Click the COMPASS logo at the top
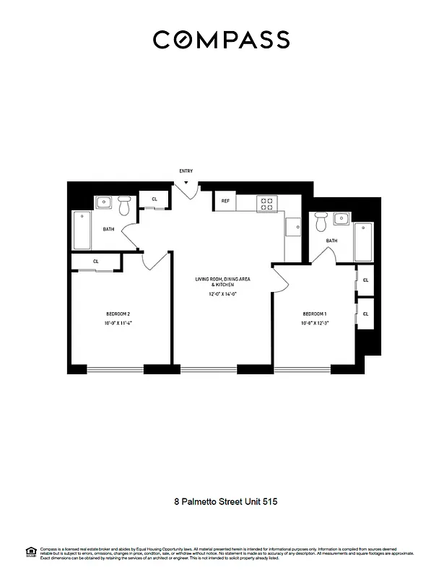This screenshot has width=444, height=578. coord(221,40)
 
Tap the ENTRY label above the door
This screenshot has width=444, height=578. coord(186,171)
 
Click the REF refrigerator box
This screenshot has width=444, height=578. coord(225,201)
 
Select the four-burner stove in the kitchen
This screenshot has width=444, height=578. coord(266,204)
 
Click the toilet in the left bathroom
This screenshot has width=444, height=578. coord(125,208)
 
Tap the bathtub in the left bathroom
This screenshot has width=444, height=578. coord(82,230)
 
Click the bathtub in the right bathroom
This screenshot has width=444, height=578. coord(363,242)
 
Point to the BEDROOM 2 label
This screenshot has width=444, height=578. coord(118,314)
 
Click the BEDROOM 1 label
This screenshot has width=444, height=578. coord(315,313)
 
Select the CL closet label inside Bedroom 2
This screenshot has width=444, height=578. coord(96,262)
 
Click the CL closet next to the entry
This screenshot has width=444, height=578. coord(154,199)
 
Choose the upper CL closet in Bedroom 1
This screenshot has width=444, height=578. coord(366,280)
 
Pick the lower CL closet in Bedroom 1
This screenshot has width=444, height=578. coord(366,314)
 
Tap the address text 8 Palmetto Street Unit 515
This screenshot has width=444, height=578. coord(222,501)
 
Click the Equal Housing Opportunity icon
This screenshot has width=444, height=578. coord(31,551)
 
